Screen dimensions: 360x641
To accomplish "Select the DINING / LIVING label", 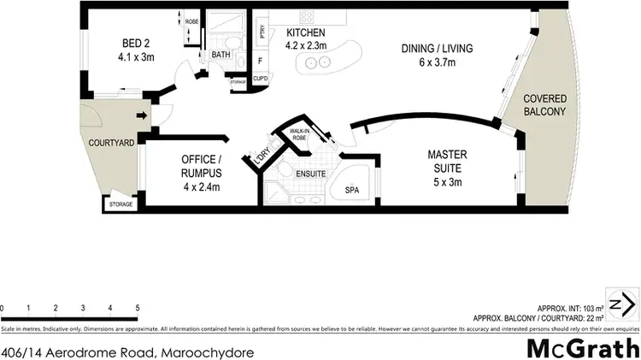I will (x=437, y=48).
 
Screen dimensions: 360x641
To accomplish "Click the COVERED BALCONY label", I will (x=545, y=105).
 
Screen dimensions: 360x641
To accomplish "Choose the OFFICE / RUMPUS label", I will (x=202, y=160).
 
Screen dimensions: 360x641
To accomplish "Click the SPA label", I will (x=352, y=190).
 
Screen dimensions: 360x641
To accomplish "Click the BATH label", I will (x=221, y=55).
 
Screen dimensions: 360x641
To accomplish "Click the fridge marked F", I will (x=261, y=61).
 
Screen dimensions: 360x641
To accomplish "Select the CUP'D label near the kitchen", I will (x=261, y=80).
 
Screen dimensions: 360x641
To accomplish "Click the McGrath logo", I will (x=580, y=349).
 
